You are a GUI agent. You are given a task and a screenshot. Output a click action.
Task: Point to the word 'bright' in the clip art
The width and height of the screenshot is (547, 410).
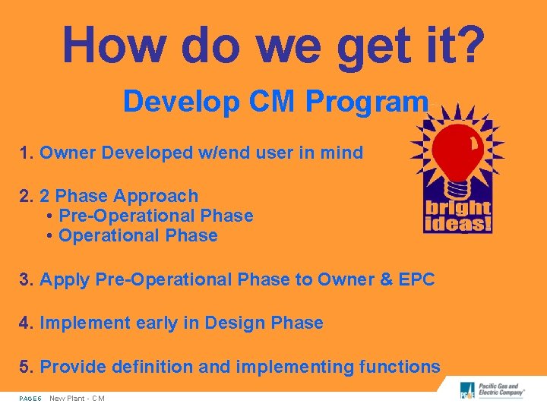[x=458, y=208]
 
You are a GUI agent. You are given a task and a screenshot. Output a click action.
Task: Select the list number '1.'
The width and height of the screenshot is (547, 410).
[x=27, y=153]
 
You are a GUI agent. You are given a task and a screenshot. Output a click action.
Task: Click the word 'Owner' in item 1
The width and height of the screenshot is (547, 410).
[x=68, y=153]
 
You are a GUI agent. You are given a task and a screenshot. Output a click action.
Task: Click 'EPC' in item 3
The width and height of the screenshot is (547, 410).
[x=415, y=279]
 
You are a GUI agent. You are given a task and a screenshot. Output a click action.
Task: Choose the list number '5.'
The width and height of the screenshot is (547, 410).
[x=27, y=367]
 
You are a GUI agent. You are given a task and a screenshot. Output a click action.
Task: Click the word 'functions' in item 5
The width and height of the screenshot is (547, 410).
[x=400, y=367]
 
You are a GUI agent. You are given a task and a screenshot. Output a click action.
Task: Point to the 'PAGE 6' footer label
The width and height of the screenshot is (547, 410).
[x=30, y=399]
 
